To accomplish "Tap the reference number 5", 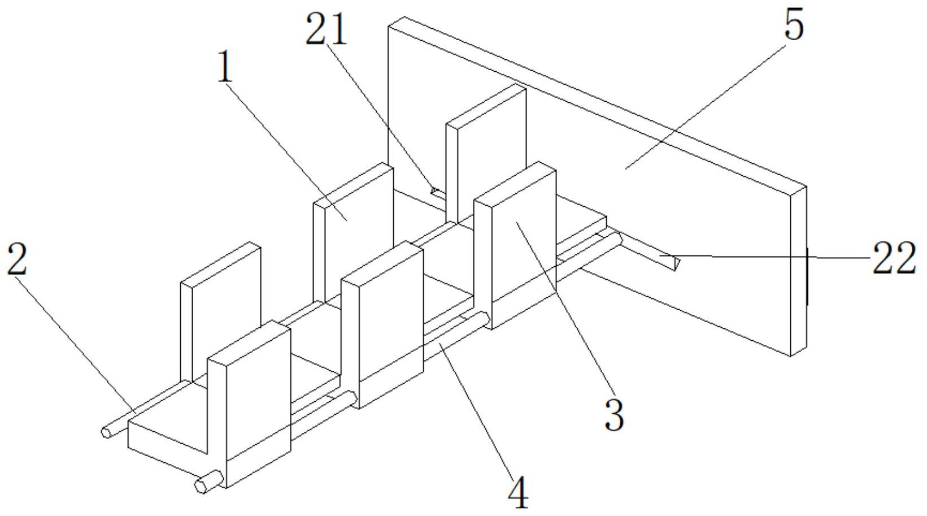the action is click(x=794, y=25).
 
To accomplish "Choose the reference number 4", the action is click(x=518, y=493).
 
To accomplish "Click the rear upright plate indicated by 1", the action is click(x=354, y=232).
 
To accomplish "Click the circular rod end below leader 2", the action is click(x=106, y=432).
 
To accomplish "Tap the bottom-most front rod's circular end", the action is click(x=202, y=486).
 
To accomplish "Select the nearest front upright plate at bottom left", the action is click(x=249, y=404).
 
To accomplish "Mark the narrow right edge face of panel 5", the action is click(x=799, y=271).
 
